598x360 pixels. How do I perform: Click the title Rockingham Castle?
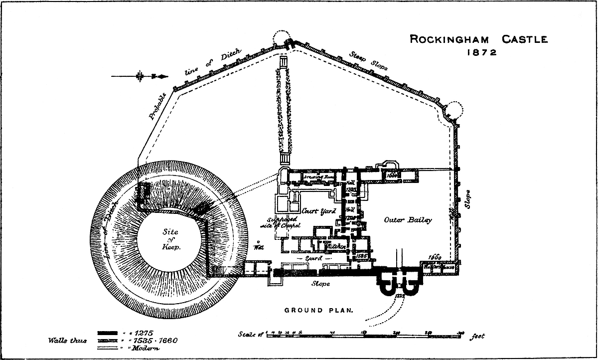tap(478, 39)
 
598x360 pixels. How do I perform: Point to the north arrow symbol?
tap(141, 76)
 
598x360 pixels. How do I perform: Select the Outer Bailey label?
tap(408, 220)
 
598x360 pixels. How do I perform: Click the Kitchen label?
tap(336, 246)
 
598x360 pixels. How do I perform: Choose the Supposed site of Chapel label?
tap(282, 222)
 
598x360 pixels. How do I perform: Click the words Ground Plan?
tap(318, 310)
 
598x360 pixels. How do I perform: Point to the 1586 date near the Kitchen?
tap(362, 255)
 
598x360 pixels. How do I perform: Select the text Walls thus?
tap(67, 341)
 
